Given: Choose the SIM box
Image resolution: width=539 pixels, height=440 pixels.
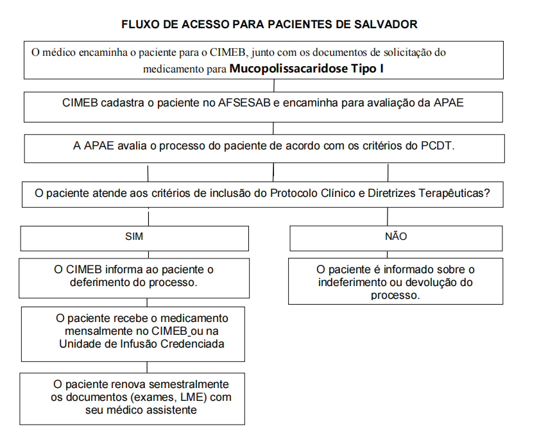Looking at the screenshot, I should (x=134, y=237).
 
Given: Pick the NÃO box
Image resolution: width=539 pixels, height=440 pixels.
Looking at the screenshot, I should (x=395, y=237).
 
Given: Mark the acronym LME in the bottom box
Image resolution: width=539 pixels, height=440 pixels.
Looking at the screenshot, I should (x=197, y=397).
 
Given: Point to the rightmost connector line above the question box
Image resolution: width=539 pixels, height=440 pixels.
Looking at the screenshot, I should (x=388, y=173).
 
